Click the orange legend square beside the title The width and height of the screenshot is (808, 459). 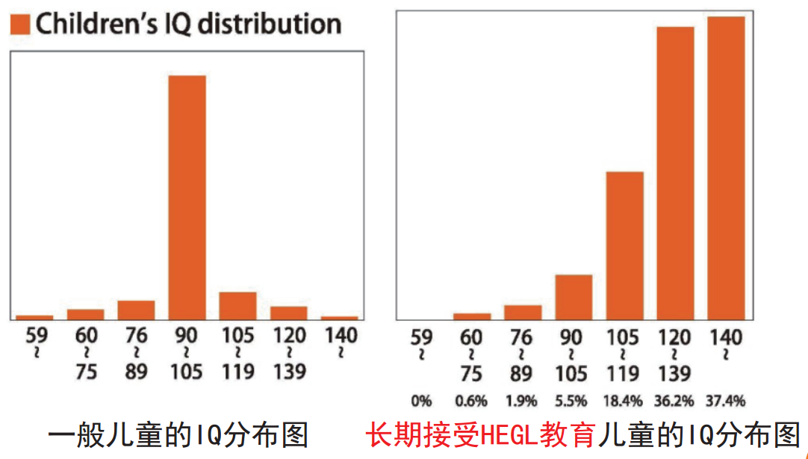[x=21, y=25]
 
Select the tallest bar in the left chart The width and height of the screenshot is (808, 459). [x=187, y=197]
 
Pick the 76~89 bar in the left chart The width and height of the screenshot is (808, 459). [x=136, y=310]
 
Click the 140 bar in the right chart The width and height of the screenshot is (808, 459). [x=726, y=168]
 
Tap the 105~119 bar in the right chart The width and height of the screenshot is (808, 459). [x=624, y=246]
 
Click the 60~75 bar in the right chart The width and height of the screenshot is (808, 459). [x=472, y=316]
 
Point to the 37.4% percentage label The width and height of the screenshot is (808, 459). [x=726, y=401]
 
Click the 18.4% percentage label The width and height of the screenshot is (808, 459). [x=624, y=401]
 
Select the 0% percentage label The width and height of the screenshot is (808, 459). [x=421, y=401]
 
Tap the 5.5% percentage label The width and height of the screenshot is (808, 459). [x=574, y=401]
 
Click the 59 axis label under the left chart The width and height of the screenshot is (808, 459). [x=36, y=336]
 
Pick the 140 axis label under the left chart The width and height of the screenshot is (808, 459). [x=340, y=336]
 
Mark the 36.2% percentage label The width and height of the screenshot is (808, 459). [x=675, y=401]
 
